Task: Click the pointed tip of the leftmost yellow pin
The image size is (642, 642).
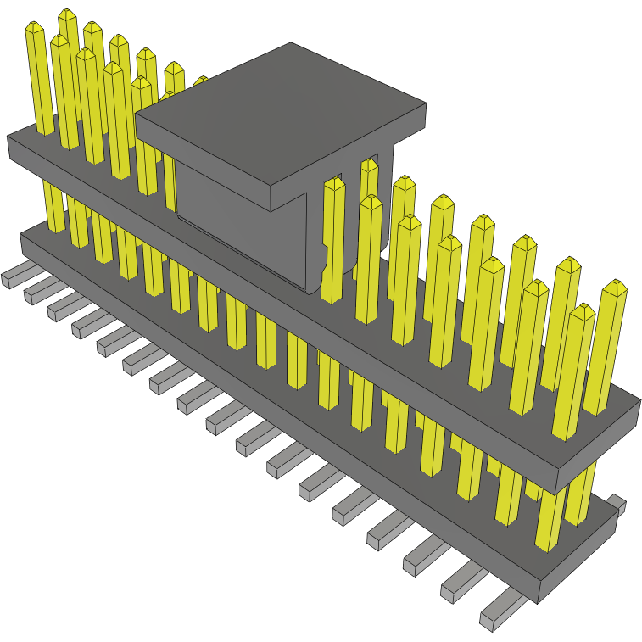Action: (x=34, y=29)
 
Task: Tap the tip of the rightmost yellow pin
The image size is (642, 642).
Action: (x=614, y=287)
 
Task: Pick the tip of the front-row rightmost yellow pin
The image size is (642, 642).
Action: (x=581, y=311)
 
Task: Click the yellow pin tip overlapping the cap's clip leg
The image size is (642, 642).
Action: (x=333, y=183)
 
